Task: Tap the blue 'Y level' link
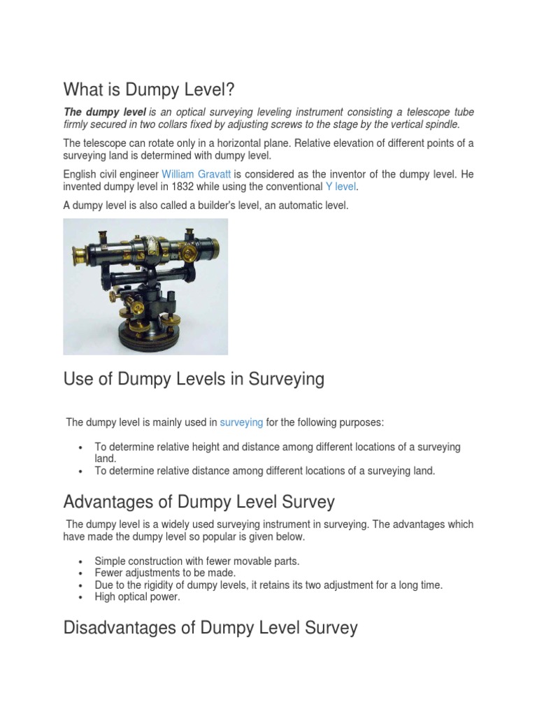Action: click(341, 186)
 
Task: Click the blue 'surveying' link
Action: click(241, 422)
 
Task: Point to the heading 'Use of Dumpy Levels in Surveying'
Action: click(194, 379)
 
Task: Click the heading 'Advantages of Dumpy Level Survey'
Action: click(199, 501)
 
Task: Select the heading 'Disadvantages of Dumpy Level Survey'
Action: click(210, 627)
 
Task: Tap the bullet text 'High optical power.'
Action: click(136, 597)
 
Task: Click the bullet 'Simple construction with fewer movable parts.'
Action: click(196, 561)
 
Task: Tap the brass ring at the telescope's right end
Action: click(209, 245)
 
